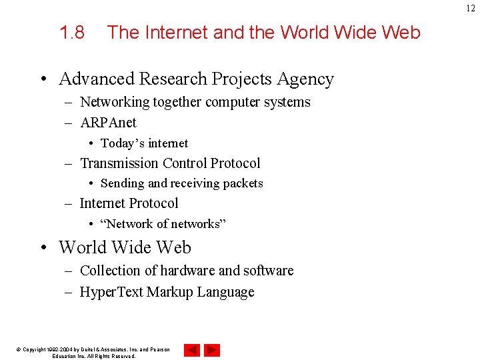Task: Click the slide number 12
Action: click(x=471, y=7)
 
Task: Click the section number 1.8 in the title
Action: click(x=72, y=32)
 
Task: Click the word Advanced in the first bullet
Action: click(x=95, y=79)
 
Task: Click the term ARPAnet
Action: click(x=108, y=123)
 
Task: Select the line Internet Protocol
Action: click(x=129, y=203)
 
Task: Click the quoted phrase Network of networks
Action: click(x=163, y=224)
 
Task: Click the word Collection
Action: click(x=109, y=271)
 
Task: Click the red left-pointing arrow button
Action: click(x=192, y=350)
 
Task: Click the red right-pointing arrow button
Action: click(x=212, y=350)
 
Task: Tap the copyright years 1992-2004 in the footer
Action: click(x=62, y=349)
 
